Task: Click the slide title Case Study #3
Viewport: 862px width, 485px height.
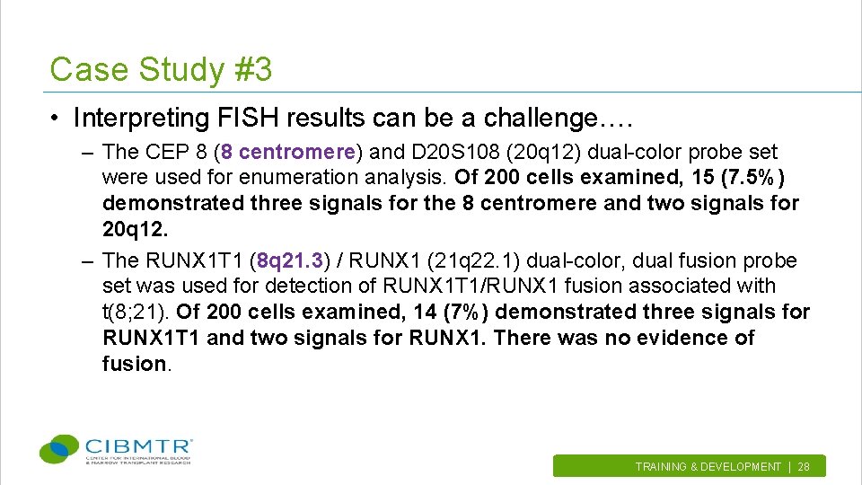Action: [161, 69]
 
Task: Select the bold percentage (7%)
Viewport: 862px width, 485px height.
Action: [467, 312]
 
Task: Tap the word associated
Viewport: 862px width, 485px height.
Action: [679, 286]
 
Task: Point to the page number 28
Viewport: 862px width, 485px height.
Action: [804, 467]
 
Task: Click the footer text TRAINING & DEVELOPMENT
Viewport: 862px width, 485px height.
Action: [708, 467]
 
